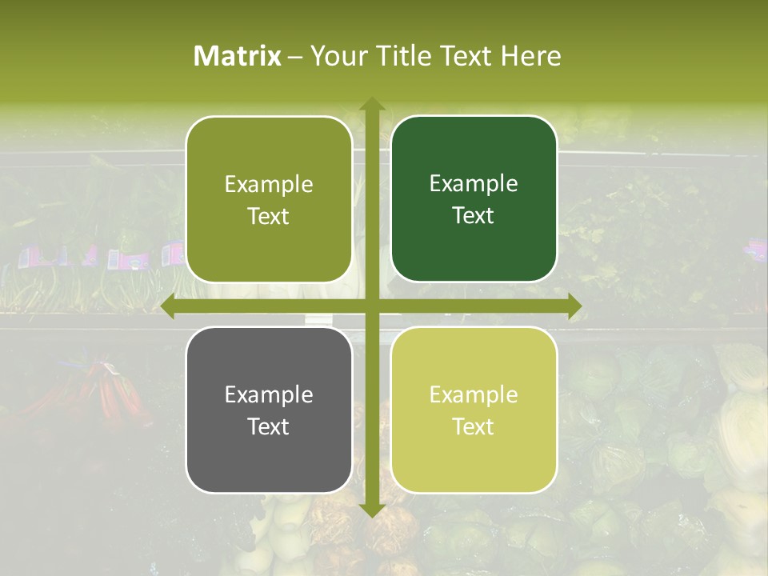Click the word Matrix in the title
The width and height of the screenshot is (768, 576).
click(238, 56)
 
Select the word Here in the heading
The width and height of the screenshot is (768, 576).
click(530, 56)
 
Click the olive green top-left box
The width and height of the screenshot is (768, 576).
click(269, 199)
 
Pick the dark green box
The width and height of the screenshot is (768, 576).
click(474, 199)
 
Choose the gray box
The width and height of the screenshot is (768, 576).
click(269, 410)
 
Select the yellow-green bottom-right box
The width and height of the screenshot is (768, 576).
click(474, 410)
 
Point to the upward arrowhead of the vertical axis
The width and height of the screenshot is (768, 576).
click(372, 105)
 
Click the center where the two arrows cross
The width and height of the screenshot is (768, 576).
click(372, 306)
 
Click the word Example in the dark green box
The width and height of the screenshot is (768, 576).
click(474, 184)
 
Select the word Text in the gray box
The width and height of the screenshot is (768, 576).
click(269, 426)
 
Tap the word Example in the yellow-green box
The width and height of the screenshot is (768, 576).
click(474, 394)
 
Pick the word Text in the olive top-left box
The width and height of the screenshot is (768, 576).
click(269, 216)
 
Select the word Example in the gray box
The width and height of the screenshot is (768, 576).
click(269, 394)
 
